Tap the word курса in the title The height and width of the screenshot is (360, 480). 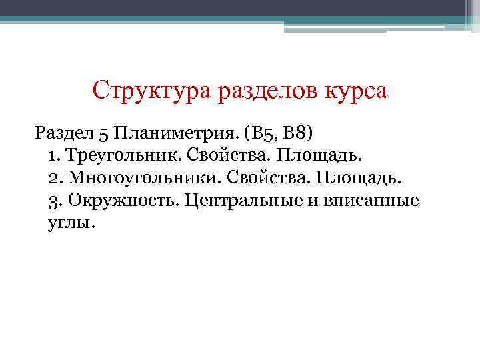(x=354, y=90)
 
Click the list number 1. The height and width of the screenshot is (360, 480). (x=53, y=155)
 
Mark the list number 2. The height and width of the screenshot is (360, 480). (x=53, y=178)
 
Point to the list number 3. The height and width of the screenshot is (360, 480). (x=53, y=201)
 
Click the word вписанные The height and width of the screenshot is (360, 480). (x=371, y=201)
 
